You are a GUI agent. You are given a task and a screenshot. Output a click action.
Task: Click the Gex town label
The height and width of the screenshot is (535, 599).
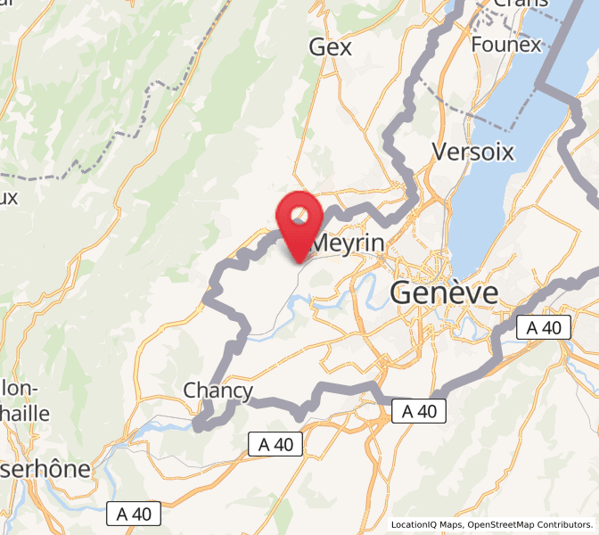[x=331, y=47]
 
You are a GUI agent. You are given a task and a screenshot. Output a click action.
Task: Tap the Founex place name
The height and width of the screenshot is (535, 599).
[x=506, y=45]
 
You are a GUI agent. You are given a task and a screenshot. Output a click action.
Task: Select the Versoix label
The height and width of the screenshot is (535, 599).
[x=472, y=152]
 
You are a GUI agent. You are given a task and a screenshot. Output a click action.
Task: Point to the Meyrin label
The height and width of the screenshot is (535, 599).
[x=349, y=243]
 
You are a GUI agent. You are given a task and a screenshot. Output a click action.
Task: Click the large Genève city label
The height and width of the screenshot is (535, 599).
[x=444, y=293]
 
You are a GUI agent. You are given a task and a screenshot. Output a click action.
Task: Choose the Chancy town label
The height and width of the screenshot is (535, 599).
[x=218, y=391]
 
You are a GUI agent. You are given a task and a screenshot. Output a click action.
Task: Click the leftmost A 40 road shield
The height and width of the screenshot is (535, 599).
[x=135, y=514]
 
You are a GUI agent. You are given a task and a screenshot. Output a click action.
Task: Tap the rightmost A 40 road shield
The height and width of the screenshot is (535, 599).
[x=544, y=327]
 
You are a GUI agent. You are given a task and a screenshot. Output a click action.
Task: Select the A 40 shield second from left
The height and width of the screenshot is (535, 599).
[x=275, y=443]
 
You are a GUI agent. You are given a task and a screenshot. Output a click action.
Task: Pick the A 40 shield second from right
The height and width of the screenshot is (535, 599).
[x=419, y=411]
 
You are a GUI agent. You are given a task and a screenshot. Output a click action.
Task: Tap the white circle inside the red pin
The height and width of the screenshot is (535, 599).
[x=299, y=214]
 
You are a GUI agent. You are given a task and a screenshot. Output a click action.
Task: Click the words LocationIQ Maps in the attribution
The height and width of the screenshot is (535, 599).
[x=426, y=525]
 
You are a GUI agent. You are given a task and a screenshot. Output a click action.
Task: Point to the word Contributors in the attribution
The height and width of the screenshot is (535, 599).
[x=565, y=525]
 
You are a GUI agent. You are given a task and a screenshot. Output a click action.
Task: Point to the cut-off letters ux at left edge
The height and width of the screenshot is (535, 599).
[x=9, y=197]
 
